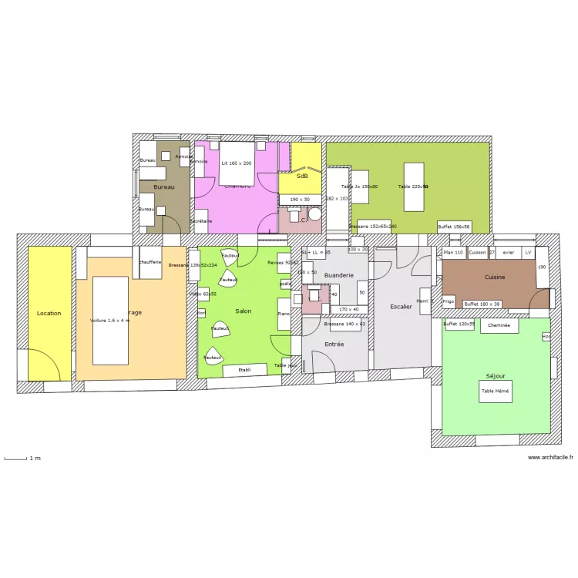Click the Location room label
[x=49, y=314]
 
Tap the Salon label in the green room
[x=244, y=311]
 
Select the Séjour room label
[x=496, y=376]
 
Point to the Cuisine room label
[x=495, y=277]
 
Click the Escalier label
[x=401, y=307]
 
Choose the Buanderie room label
[x=339, y=275]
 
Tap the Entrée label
[x=334, y=344]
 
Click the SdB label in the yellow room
[x=302, y=176]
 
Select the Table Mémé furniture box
[x=496, y=392]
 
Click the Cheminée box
[x=499, y=326]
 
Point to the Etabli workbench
[x=244, y=370]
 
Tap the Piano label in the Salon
[x=284, y=314]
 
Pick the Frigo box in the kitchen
[x=449, y=301]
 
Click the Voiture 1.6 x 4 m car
[x=110, y=320]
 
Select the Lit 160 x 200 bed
[x=237, y=163]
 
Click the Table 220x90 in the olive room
[x=413, y=187]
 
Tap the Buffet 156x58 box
[x=453, y=227]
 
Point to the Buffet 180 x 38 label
[x=482, y=304]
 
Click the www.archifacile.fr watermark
[x=550, y=458]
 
